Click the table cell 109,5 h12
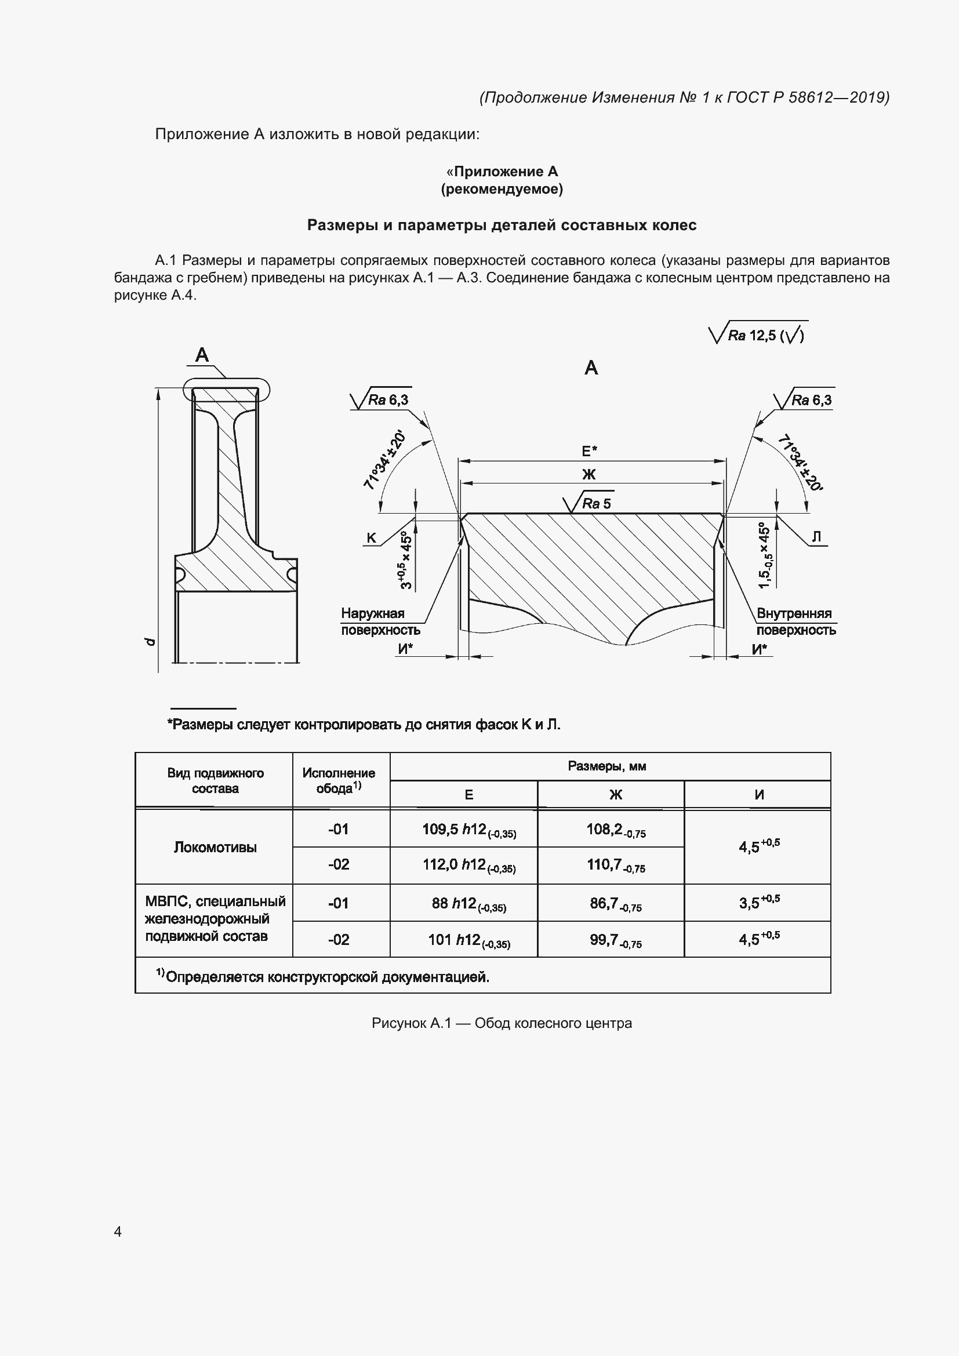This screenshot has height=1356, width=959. (x=469, y=830)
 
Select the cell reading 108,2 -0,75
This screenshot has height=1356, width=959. (x=615, y=830)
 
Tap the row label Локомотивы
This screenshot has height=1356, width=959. (x=215, y=848)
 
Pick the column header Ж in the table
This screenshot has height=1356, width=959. (x=615, y=795)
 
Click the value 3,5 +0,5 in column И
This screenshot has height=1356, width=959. (x=759, y=902)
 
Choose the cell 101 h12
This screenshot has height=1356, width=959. (x=469, y=940)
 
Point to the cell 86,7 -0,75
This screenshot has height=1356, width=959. (x=615, y=903)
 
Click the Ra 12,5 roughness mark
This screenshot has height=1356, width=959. (x=758, y=335)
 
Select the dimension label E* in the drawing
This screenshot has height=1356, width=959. (x=589, y=451)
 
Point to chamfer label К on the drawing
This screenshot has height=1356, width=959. (x=372, y=537)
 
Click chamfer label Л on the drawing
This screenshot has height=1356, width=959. (x=817, y=536)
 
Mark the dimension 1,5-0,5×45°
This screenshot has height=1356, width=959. (x=765, y=555)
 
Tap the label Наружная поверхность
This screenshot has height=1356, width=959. (x=380, y=622)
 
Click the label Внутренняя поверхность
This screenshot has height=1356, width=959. (x=795, y=622)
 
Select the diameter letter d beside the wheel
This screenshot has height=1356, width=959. (x=150, y=641)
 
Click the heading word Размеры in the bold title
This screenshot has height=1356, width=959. (x=342, y=225)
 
